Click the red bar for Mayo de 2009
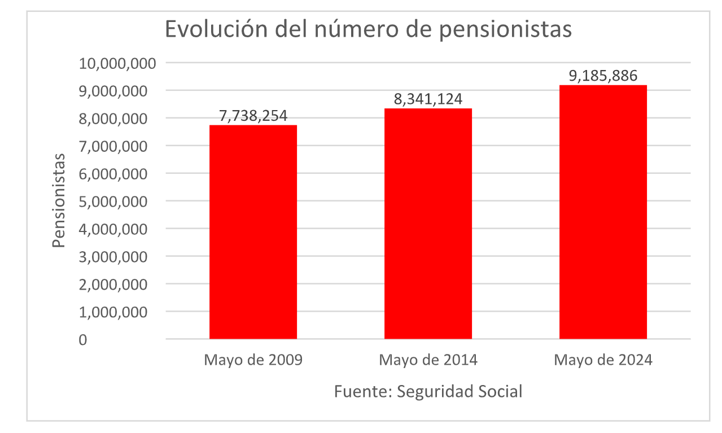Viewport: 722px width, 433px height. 253,231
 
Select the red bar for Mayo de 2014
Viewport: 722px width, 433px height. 428,224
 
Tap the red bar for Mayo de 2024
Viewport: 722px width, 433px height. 603,212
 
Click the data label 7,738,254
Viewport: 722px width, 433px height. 253,116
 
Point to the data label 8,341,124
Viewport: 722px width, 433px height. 428,99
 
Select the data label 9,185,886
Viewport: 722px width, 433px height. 603,76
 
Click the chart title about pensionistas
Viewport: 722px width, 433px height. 368,29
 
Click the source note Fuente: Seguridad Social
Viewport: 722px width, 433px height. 428,391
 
